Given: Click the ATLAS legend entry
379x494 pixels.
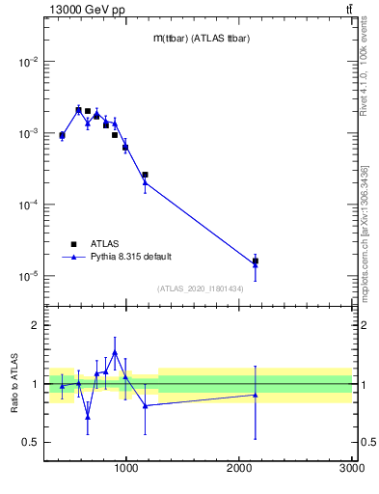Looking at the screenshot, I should pos(105,243).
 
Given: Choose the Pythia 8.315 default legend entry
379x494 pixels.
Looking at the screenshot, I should pos(130,257).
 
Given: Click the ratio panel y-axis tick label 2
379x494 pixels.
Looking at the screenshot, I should pos(35,326).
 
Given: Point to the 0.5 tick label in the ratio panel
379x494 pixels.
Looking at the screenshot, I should pos(30,442).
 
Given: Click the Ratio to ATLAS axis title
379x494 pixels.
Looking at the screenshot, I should pos(14,384).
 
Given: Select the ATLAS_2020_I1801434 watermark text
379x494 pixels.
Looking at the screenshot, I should pos(202,288).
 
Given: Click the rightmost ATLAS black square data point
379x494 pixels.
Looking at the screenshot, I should pos(256,261).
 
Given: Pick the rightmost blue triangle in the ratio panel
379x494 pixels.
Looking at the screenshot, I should pos(256,395).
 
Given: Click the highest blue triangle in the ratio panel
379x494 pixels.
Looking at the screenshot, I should pos(115,353).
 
